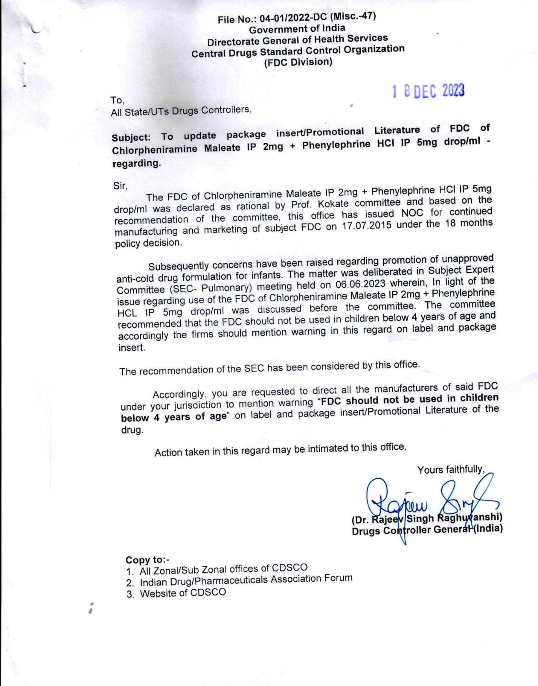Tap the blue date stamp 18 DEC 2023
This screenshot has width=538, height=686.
pos(428,91)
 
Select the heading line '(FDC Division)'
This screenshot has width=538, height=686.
pos(298,63)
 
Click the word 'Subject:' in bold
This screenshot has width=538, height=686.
pos(131,138)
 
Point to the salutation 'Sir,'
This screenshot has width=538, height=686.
pos(120,186)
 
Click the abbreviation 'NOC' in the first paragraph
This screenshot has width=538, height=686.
pos(412,213)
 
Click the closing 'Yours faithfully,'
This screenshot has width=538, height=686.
pos(451,469)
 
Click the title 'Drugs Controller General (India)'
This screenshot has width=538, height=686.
pos(427,530)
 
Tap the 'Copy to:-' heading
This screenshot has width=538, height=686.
pos(148,560)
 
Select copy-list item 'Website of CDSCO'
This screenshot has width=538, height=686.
pos(182,593)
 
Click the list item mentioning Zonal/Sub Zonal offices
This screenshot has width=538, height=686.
pos(223,569)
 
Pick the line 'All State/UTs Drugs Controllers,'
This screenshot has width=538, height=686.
pos(181,111)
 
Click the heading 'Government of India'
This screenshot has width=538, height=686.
pos(297,29)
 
